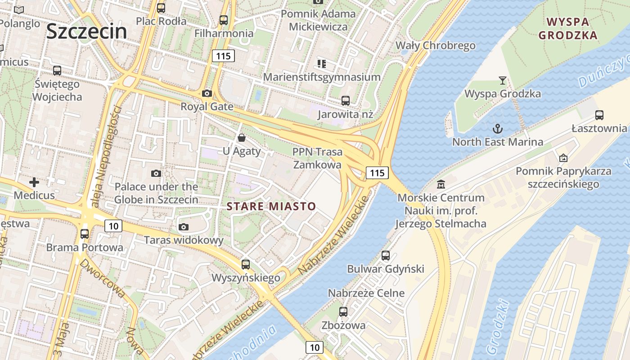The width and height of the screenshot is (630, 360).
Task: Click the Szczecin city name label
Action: coord(86,31)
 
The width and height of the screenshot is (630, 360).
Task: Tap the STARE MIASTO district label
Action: coord(271,207)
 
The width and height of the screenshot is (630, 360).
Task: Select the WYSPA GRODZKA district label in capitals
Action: coord(568,28)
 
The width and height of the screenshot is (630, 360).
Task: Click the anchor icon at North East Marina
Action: coord(497,129)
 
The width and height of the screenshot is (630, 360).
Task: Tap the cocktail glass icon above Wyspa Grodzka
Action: coord(503,81)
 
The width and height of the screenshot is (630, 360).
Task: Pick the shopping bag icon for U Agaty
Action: coord(242,138)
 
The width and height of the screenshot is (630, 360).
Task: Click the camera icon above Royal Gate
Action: coord(207,94)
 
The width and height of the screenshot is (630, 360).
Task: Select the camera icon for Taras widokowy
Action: coord(183,227)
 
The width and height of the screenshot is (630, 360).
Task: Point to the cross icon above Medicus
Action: coord(34,182)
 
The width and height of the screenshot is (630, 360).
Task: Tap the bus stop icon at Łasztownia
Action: coord(599,115)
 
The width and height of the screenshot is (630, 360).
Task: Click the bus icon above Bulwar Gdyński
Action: coord(386,256)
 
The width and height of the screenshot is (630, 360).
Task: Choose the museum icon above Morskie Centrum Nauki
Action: coord(441,184)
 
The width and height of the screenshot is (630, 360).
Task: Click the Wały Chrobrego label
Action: coord(435,45)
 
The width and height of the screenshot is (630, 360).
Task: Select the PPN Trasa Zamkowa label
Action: coord(317,158)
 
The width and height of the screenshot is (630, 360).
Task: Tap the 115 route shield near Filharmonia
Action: coord(223,56)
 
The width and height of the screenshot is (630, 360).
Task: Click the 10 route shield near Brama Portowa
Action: coord(113,225)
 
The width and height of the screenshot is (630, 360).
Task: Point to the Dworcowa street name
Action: coord(103,278)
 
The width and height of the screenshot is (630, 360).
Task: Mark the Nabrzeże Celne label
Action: coord(366,293)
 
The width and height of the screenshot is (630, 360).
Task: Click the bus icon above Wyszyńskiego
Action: coord(245,265)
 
